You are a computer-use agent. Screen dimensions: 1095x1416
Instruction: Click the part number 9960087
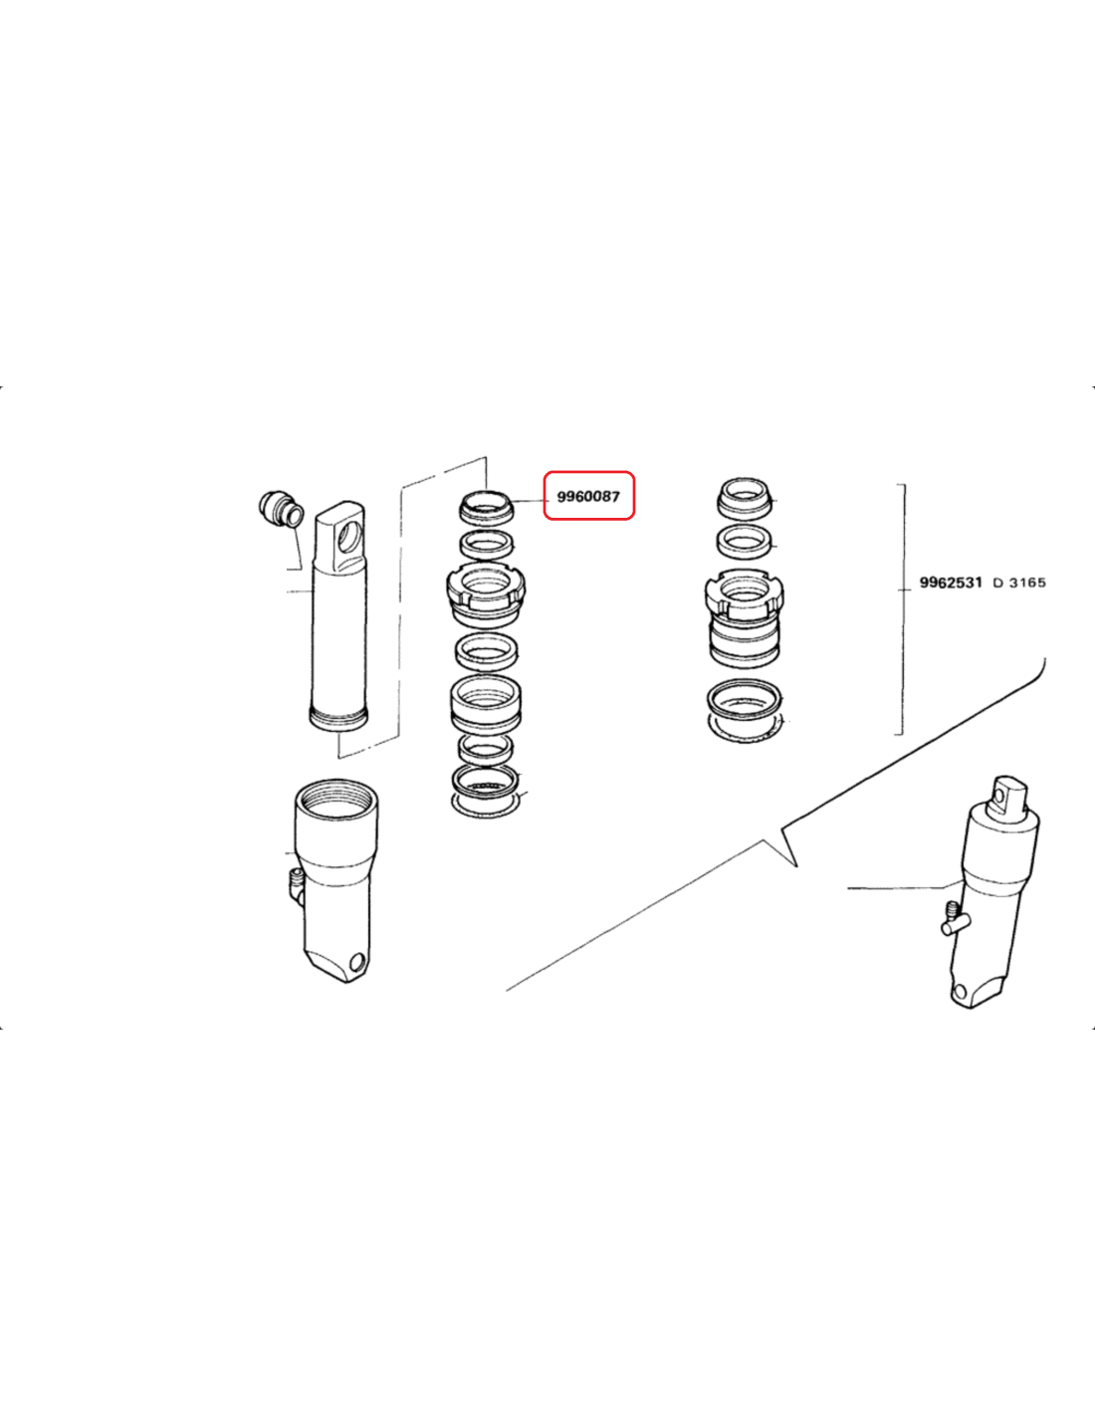point(588,497)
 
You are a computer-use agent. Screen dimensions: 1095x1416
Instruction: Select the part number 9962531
point(951,583)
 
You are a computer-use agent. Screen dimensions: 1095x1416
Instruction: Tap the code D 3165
point(1019,583)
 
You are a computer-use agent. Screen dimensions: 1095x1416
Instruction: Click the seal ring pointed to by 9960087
point(487,506)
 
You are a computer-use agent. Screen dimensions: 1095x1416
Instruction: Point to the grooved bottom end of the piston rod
point(337,718)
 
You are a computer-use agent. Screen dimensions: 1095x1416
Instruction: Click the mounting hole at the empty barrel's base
point(357,962)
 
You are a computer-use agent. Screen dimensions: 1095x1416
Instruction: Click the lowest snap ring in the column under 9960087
point(486,805)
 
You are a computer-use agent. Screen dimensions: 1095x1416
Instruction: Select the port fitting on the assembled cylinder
point(955,919)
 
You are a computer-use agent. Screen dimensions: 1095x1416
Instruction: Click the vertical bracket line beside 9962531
point(902,609)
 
